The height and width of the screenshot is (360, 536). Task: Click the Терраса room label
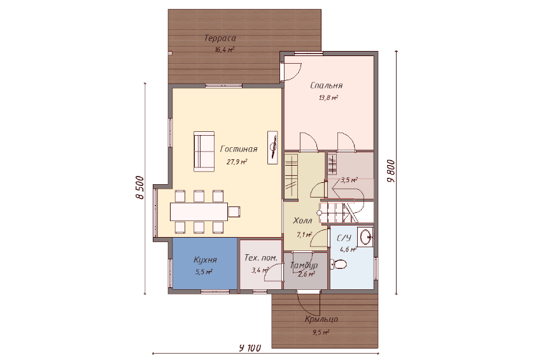click(x=220, y=38)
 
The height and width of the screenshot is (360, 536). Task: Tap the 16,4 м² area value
click(x=225, y=50)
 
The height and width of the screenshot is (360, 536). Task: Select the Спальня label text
click(x=327, y=85)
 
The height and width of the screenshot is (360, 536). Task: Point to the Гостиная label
click(x=239, y=149)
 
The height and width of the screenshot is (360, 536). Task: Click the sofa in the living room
click(x=204, y=151)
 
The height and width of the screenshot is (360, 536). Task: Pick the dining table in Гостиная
click(x=199, y=212)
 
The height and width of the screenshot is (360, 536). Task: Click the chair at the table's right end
click(x=234, y=212)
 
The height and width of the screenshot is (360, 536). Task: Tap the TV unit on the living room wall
click(x=272, y=147)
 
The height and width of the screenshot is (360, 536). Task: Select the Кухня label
click(x=206, y=260)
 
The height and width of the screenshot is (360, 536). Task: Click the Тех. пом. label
click(x=261, y=257)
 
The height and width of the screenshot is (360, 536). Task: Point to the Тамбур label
click(x=304, y=265)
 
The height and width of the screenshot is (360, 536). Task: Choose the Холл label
click(x=302, y=220)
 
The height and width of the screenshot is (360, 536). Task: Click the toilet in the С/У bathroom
click(x=339, y=264)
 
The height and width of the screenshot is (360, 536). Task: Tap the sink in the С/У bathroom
click(x=365, y=236)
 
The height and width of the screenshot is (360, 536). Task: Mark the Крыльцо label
click(x=321, y=319)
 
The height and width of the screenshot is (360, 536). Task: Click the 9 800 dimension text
click(x=391, y=171)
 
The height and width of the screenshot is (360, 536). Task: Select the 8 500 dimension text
click(x=139, y=187)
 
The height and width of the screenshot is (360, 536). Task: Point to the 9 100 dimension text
click(x=250, y=349)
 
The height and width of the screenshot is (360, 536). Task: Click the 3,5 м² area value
click(x=349, y=180)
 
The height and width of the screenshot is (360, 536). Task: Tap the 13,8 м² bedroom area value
click(x=328, y=98)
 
